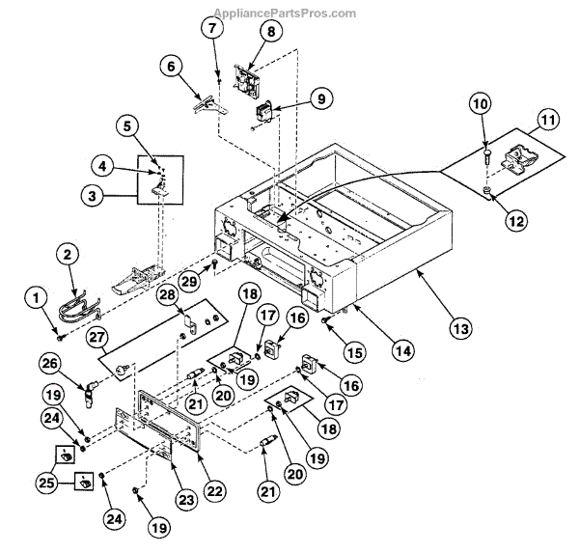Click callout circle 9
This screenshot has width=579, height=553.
pyautogui.click(x=321, y=97)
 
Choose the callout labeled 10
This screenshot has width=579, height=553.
pyautogui.click(x=480, y=103)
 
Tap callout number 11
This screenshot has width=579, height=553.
pyautogui.click(x=548, y=121)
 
